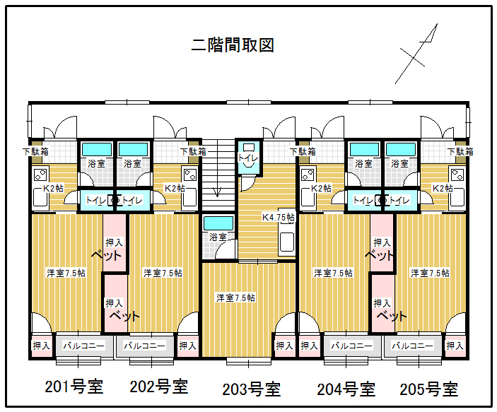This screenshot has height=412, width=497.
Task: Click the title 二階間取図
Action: coord(233,45)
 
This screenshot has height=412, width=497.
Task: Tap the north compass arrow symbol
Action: coord(416,54)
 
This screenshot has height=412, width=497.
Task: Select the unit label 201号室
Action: coord(74,387)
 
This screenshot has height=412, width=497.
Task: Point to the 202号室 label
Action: coord(159,387)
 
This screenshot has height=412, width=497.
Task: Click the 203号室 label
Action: coord(252,389)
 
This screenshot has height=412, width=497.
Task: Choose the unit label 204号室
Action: coord(346,389)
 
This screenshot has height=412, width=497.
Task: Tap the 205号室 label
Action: coord(429,389)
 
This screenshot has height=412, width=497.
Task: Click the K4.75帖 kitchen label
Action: coord(279,218)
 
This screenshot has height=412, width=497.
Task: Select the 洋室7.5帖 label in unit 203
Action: coord(235,298)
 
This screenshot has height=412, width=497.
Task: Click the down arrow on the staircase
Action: coord(217,191)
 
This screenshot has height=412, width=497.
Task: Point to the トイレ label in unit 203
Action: coord(248,158)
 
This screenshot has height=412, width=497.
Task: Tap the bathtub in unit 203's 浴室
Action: coord(218,223)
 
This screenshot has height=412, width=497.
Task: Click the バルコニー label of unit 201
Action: coord(83,346)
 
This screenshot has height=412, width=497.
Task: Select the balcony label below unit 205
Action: coord(412,346)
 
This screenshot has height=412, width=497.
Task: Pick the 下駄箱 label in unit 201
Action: coord(35,151)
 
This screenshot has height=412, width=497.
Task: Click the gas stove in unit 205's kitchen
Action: coord(457,175)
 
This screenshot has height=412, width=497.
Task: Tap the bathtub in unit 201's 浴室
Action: coord(97,149)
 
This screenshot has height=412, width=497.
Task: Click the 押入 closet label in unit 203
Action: coord(284,346)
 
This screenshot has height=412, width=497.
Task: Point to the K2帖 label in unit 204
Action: coord(321,188)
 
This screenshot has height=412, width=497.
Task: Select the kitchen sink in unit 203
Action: coord(287,242)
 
